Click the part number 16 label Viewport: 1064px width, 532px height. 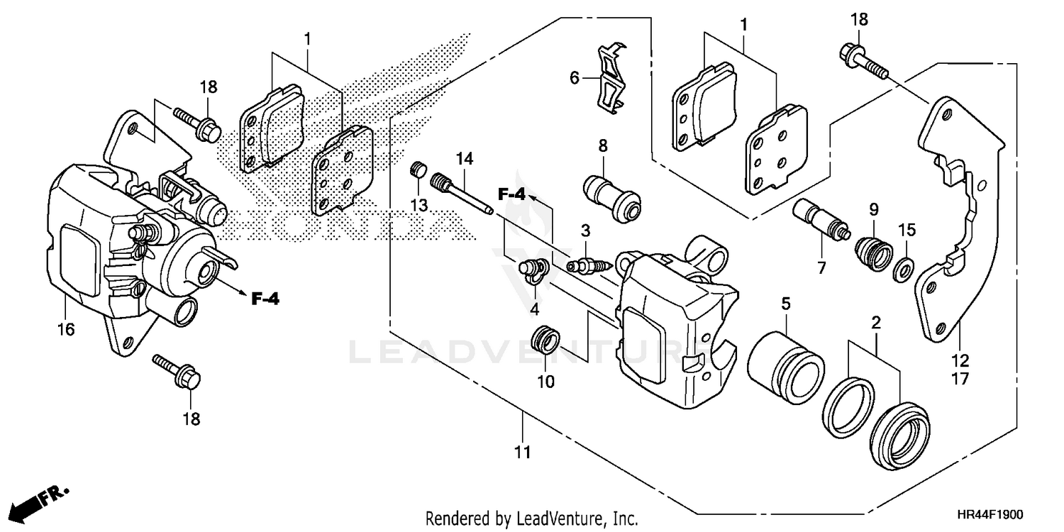[65, 329]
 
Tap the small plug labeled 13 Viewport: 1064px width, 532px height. [419, 171]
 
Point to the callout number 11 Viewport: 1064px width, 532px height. [522, 451]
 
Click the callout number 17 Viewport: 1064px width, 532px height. [960, 379]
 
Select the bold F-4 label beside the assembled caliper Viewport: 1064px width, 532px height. [265, 299]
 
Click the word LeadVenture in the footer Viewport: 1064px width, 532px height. [552, 518]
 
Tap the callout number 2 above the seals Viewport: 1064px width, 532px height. [876, 323]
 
